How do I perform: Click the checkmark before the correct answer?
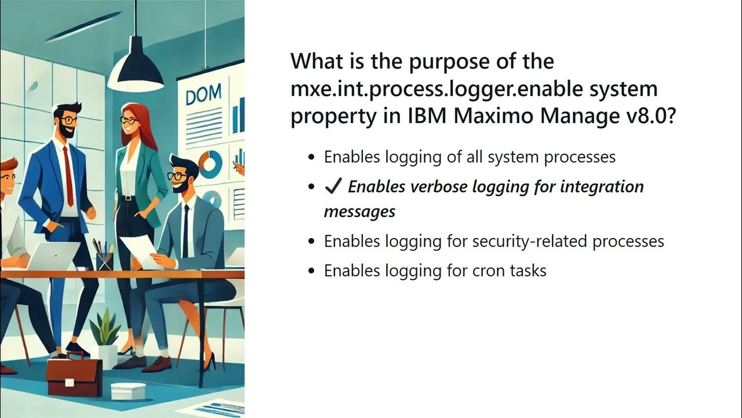point(333,186)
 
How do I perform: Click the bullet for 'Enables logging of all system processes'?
point(312,157)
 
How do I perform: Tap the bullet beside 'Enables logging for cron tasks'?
point(312,271)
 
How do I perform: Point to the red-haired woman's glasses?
point(129,121)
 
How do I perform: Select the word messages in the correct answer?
point(359,211)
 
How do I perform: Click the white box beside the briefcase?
point(128,391)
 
